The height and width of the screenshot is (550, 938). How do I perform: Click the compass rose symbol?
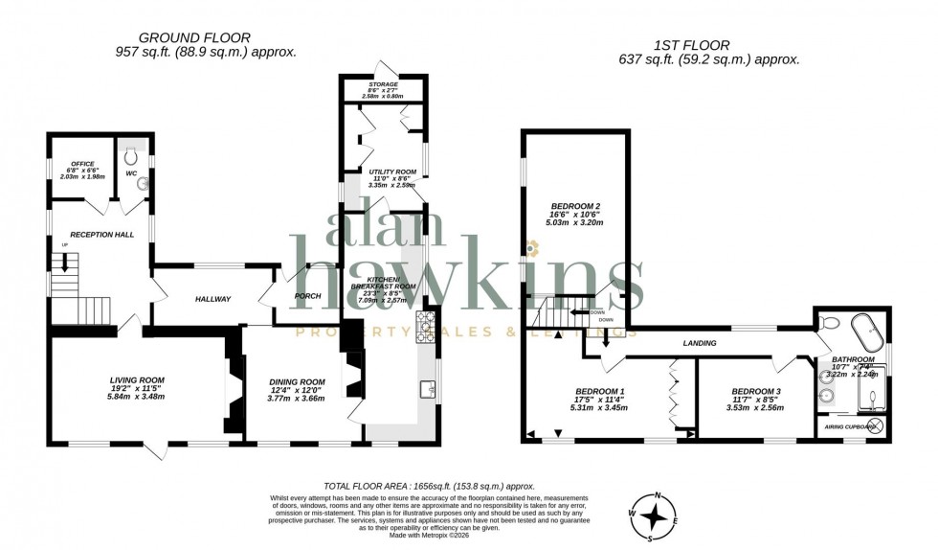654,517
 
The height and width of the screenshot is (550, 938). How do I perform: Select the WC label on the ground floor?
131,174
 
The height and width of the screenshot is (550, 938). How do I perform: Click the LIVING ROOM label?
137,379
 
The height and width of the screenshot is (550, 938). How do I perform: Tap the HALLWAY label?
212,299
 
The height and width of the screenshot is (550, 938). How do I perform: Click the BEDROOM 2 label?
575,206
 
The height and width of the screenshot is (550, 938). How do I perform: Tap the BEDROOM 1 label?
599,391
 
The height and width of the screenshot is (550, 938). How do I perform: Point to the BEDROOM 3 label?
756,391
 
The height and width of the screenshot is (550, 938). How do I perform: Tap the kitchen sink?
429,388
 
